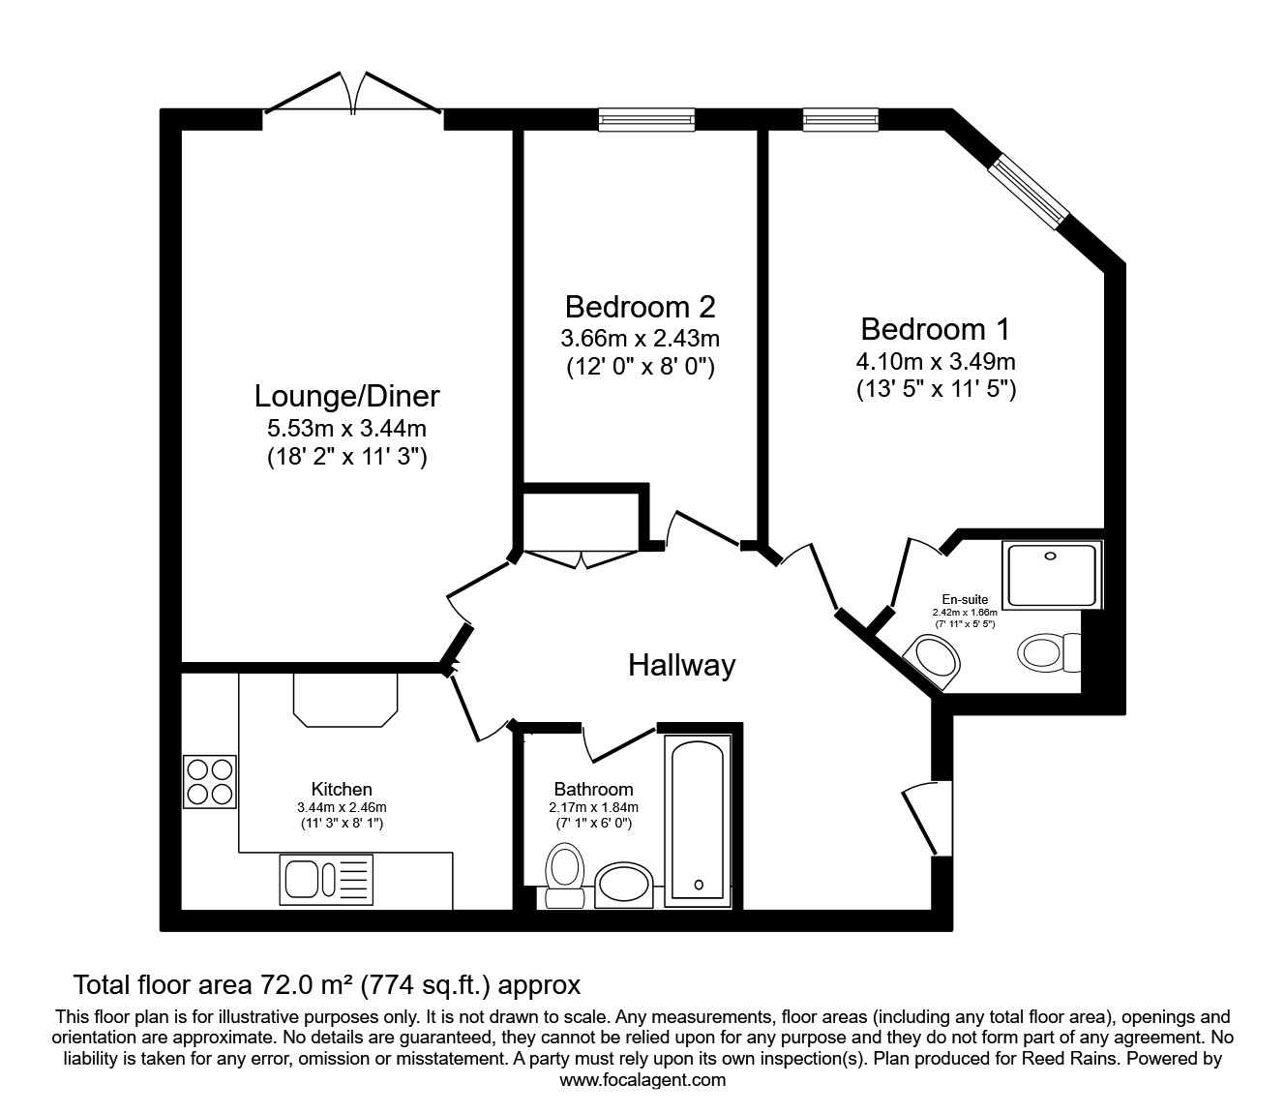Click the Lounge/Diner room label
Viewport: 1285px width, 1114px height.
click(x=346, y=396)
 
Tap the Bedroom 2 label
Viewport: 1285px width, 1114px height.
click(x=640, y=307)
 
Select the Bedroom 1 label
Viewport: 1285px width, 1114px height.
click(x=935, y=329)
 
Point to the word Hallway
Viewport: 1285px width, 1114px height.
click(x=681, y=665)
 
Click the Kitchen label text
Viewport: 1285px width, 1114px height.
click(x=342, y=789)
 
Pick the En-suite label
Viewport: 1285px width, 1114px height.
click(x=965, y=600)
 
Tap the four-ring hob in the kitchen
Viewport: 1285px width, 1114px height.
click(x=210, y=781)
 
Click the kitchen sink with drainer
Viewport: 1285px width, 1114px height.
click(x=326, y=880)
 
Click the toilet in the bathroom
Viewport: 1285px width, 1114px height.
click(x=564, y=873)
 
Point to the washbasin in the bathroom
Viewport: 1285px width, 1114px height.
click(x=624, y=884)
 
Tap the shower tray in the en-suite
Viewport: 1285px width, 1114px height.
click(x=1052, y=576)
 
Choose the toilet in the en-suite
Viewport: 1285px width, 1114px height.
click(x=1048, y=652)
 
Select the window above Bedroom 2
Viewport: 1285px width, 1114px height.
click(x=646, y=118)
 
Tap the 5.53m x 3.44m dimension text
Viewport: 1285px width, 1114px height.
click(x=346, y=428)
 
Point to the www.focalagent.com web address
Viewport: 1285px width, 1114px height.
click(x=642, y=1080)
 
